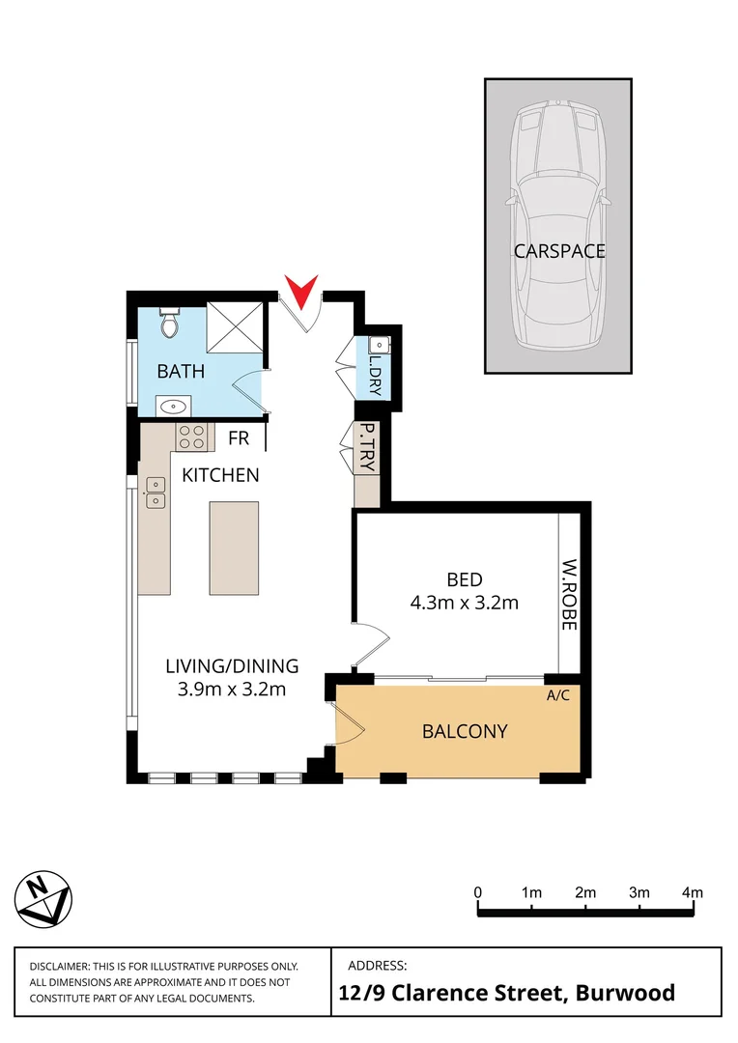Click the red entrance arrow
(x=301, y=288)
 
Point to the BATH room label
(x=182, y=371)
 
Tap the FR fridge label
(x=239, y=439)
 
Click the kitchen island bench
(x=235, y=548)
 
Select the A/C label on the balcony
(x=557, y=694)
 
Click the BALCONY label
(x=465, y=731)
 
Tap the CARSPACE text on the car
(x=559, y=251)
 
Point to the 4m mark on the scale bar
(x=692, y=892)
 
